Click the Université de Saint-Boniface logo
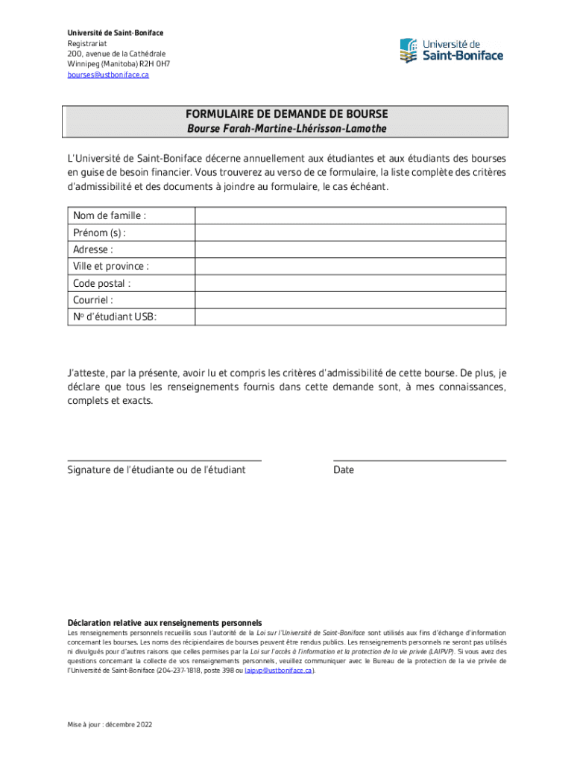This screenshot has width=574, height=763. pos(451,50)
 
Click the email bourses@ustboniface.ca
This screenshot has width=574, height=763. pos(108,75)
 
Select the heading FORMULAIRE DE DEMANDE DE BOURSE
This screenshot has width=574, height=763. pos(287,115)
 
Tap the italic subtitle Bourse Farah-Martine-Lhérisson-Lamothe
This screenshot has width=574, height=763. pos(287,129)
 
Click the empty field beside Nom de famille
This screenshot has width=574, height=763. pos(350,215)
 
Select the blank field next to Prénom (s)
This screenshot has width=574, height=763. pos(350,232)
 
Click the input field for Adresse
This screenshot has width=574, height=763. pos(350,250)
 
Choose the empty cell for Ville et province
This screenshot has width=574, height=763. pos(350,266)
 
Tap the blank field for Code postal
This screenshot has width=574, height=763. pos(350,283)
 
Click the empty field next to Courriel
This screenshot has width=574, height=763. pos(350,300)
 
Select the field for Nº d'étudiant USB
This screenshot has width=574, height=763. pos(350,317)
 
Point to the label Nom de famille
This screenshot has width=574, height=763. pos(110,215)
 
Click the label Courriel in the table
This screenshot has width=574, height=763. pos(93,300)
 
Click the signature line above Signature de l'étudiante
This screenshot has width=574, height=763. pos(165,460)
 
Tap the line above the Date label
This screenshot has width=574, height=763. pos(420,460)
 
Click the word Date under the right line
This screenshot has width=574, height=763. pos(344,470)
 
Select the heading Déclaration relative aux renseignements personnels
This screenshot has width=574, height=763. pos(165,622)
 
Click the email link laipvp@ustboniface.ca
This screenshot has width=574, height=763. pos(278,670)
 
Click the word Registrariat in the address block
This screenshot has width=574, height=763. pos(87,43)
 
